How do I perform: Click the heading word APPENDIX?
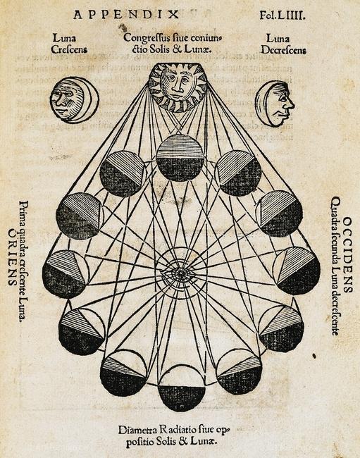[x=126, y=15]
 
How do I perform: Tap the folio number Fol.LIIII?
[x=283, y=15]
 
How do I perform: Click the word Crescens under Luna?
[x=69, y=49]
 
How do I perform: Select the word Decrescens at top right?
[x=283, y=50]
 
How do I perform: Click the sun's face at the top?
[x=178, y=87]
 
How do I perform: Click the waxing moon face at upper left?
[x=74, y=100]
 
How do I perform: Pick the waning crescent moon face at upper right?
[x=275, y=104]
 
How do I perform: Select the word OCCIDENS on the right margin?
[x=347, y=254]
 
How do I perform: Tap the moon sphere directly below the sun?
[x=180, y=158]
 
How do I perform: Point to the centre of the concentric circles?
[x=180, y=273]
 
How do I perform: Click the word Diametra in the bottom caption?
[x=137, y=431]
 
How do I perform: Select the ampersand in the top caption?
[x=178, y=49]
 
